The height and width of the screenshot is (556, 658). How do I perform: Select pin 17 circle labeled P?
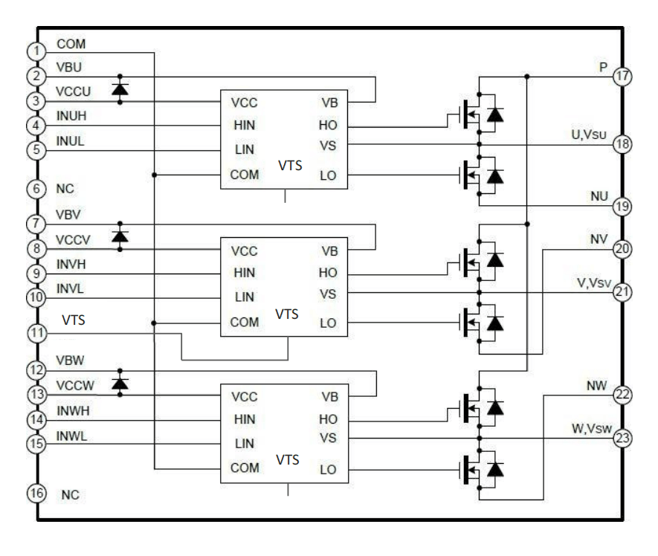click(x=622, y=76)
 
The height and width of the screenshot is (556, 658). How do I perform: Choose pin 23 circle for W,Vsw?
click(x=622, y=439)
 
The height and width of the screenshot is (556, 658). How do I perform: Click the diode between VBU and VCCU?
click(x=119, y=89)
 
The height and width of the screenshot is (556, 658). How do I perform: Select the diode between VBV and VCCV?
click(x=119, y=236)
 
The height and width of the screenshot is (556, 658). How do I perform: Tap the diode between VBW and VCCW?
click(x=119, y=383)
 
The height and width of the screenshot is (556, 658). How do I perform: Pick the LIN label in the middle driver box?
click(x=244, y=297)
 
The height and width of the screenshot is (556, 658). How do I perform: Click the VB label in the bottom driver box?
click(x=329, y=396)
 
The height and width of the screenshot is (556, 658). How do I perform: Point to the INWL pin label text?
click(x=72, y=436)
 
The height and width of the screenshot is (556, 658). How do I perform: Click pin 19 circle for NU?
click(x=622, y=206)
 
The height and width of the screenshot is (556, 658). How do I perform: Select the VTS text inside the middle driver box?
click(x=287, y=314)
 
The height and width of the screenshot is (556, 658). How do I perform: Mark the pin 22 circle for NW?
click(x=622, y=395)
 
